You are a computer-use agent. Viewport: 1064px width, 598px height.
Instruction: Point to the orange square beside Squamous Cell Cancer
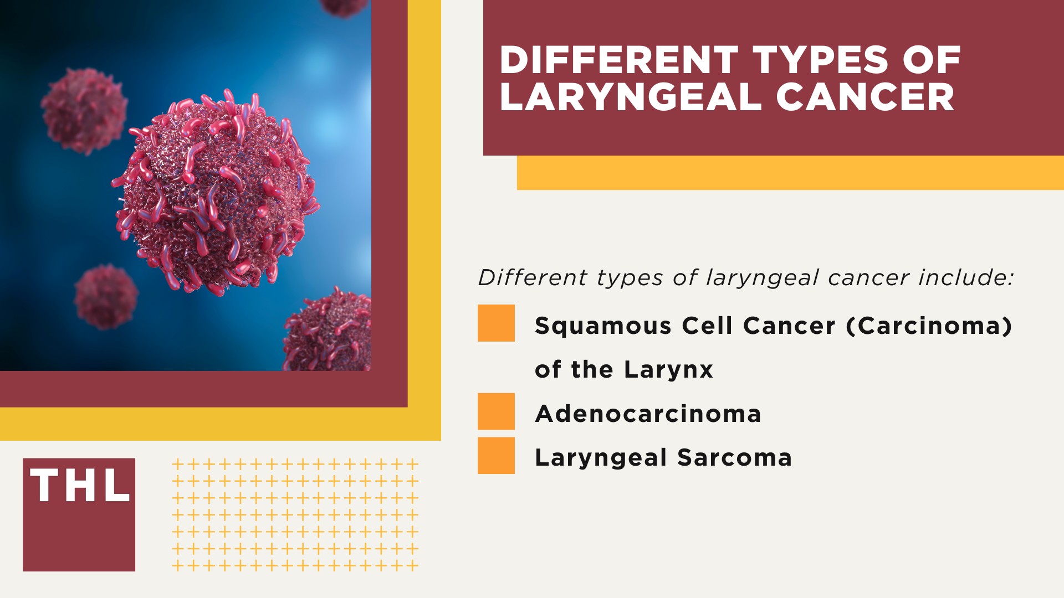point(496,323)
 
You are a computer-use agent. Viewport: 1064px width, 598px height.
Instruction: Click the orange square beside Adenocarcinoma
point(496,411)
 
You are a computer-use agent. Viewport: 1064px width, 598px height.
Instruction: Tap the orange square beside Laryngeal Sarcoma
point(496,456)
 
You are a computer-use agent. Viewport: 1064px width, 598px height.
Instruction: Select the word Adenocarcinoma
point(648,414)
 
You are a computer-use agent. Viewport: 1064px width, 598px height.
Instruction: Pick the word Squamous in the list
point(603,326)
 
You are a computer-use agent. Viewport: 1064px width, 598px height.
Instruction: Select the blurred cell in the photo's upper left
point(84,111)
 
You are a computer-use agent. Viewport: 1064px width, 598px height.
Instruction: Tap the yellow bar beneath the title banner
point(790,173)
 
